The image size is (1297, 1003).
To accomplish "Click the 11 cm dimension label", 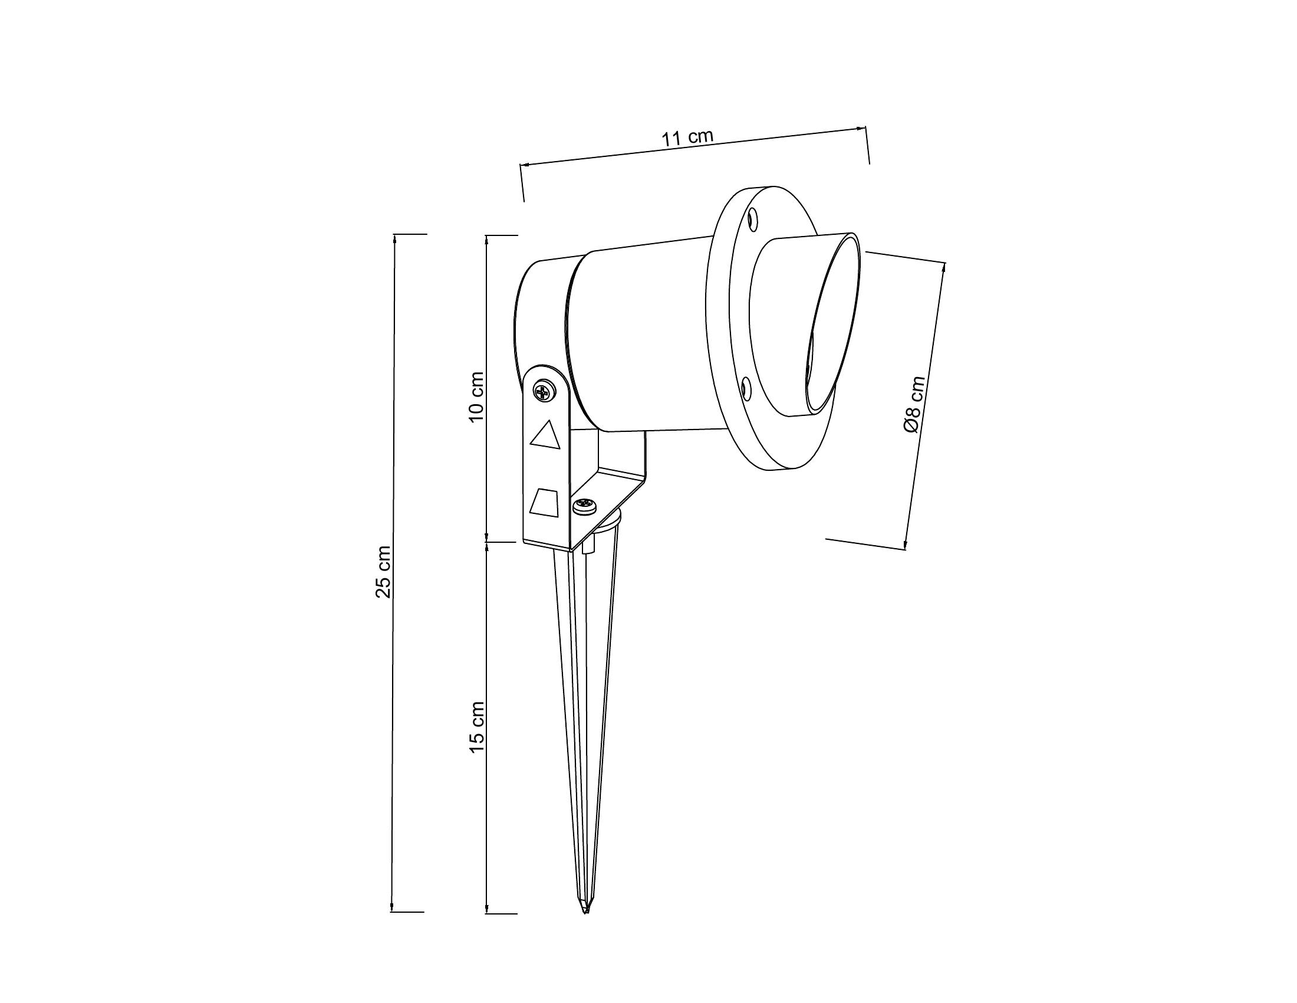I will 687,138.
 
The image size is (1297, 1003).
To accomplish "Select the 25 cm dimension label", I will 384,571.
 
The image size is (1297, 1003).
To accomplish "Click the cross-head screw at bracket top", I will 544,392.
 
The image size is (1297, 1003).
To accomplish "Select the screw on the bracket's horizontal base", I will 585,506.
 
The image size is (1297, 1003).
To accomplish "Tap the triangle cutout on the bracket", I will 546,435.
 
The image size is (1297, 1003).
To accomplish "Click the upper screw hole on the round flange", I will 753,221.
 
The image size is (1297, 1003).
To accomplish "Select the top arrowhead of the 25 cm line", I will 395,239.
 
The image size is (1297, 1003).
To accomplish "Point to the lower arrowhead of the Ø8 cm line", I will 906,545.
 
